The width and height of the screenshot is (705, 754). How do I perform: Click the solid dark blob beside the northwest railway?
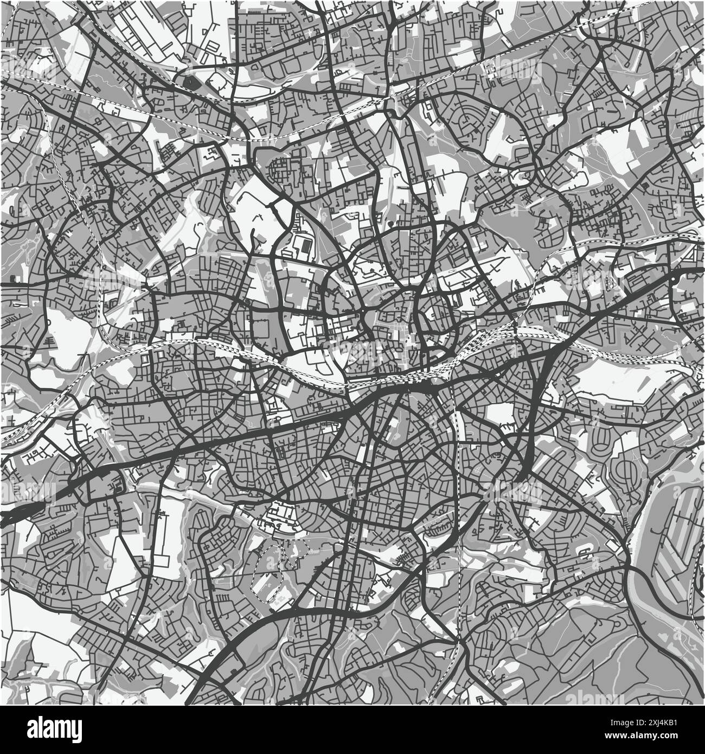189,83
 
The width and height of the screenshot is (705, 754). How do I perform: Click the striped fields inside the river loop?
678,521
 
